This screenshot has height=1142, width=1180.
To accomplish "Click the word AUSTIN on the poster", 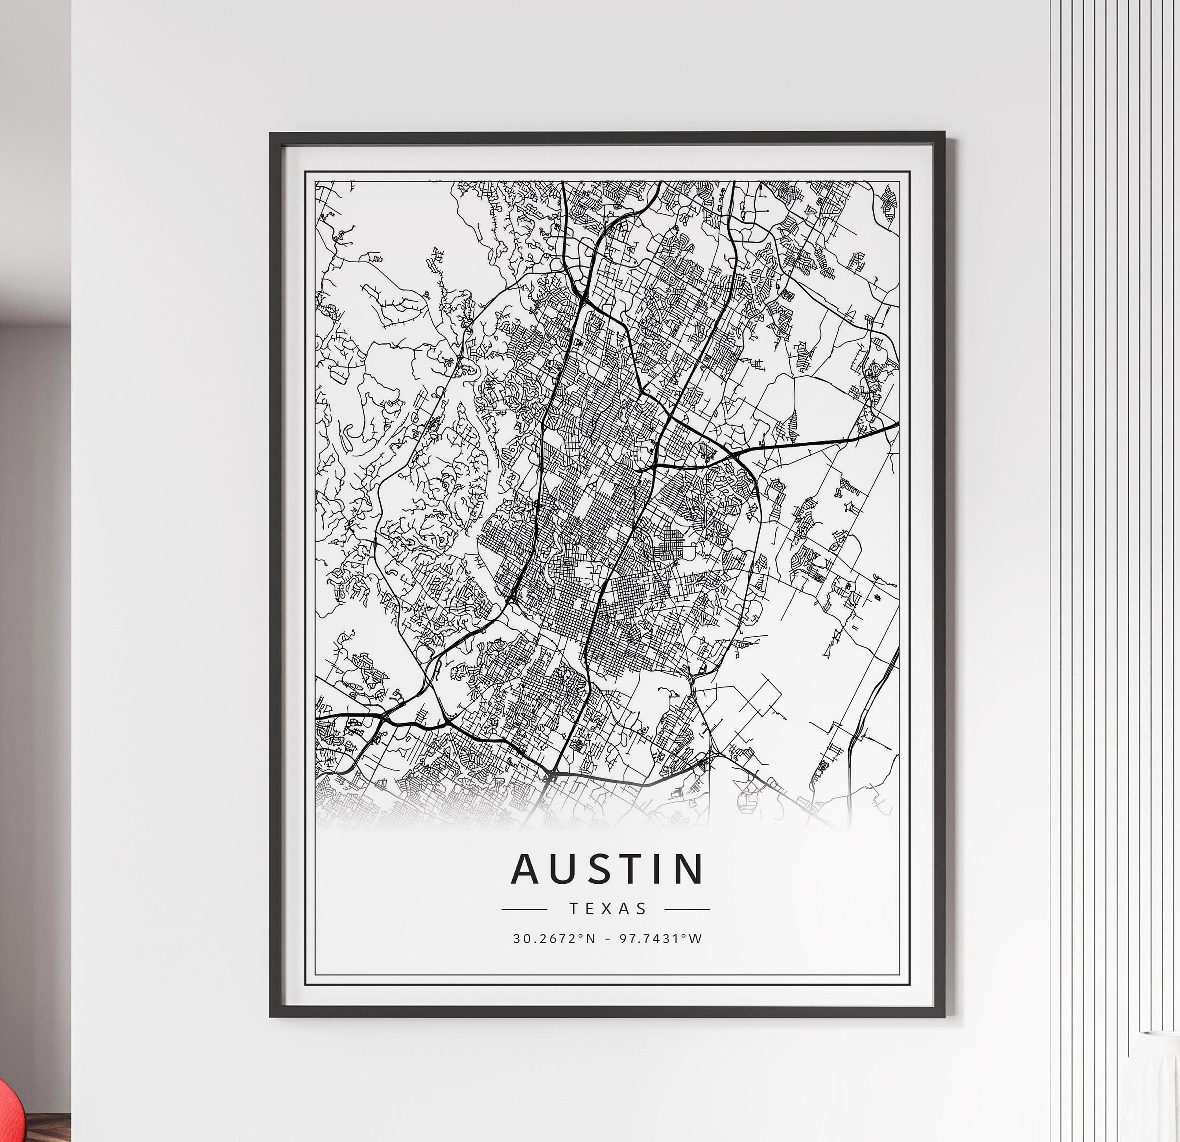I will coord(607,869).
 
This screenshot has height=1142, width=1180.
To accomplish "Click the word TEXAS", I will coord(607,908).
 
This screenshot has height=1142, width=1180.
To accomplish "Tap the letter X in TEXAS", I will coord(607,908).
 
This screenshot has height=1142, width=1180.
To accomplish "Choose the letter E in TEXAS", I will coord(591,908).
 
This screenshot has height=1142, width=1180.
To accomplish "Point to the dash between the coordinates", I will coord(607,939).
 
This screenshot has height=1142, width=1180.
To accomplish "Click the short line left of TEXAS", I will coord(524,909).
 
